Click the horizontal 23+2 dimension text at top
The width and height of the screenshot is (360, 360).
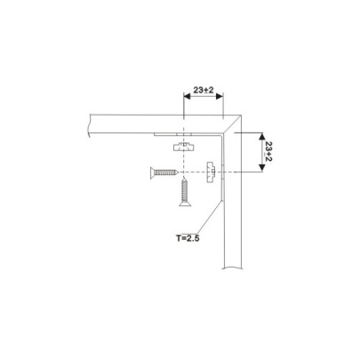[x=202, y=91]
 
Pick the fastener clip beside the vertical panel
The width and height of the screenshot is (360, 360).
[x=211, y=170]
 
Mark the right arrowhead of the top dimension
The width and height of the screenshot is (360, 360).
[x=219, y=99]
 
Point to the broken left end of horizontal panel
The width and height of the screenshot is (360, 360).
[x=90, y=124]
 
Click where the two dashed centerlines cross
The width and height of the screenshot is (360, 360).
[x=185, y=172]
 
